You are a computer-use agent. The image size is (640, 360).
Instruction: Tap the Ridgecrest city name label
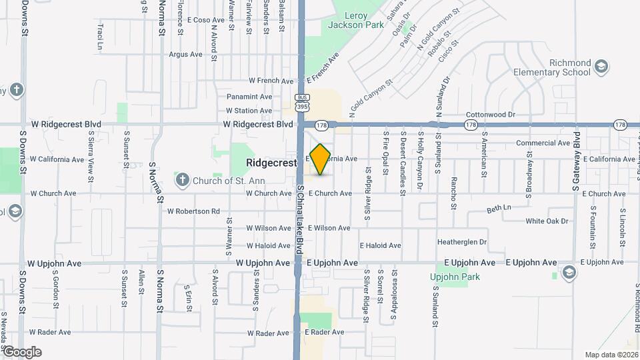271,162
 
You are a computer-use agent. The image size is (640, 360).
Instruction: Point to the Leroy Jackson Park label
356,20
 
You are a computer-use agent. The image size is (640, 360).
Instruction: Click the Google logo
21,352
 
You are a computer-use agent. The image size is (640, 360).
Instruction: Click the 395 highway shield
302,107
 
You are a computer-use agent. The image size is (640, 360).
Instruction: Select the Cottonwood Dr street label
491,115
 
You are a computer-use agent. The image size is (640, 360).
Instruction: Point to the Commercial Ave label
543,143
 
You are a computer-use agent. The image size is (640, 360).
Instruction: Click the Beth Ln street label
499,208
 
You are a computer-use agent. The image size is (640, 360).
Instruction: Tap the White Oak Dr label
547,221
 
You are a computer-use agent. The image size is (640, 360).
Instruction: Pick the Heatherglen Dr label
462,242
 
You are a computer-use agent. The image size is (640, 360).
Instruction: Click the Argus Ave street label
185,55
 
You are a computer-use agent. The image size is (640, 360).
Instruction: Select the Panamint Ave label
249,97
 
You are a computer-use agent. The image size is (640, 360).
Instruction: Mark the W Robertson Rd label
193,211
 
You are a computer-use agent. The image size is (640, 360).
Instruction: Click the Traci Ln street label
100,37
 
